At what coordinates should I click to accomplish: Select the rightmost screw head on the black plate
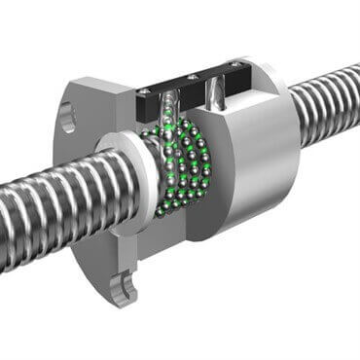pyautogui.click(x=235, y=65)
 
